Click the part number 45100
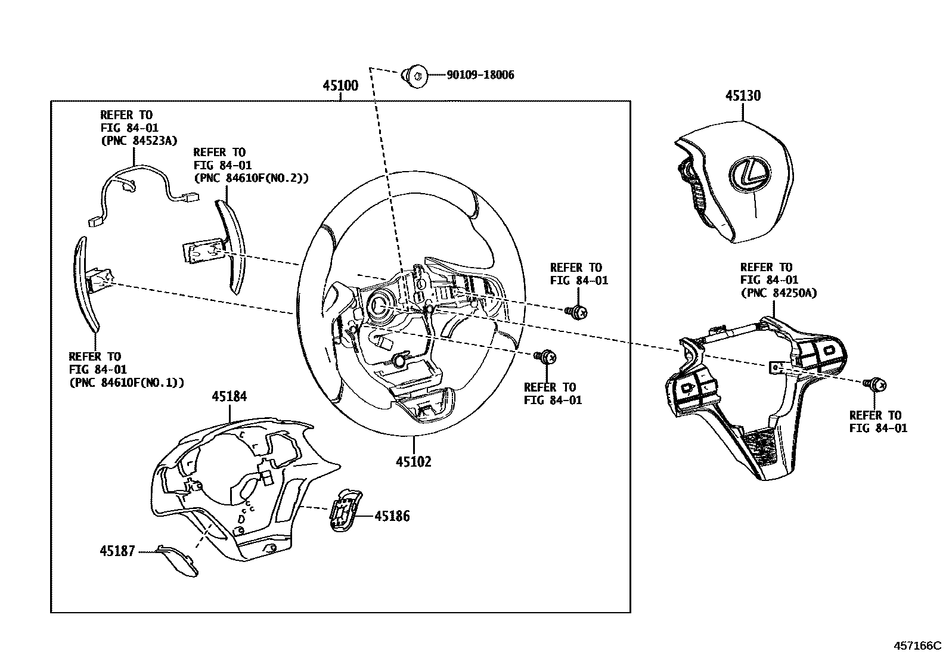tap(340, 86)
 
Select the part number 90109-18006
tap(480, 75)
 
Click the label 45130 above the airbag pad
tap(743, 96)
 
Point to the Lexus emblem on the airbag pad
tap(746, 175)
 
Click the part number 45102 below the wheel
tap(413, 461)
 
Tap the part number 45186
tap(392, 516)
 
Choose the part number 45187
tap(117, 552)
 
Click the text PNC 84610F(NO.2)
tap(251, 178)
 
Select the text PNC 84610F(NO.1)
tap(126, 383)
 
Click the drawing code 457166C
tap(916, 645)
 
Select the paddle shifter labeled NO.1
tap(86, 283)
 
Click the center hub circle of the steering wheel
tap(377, 305)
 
